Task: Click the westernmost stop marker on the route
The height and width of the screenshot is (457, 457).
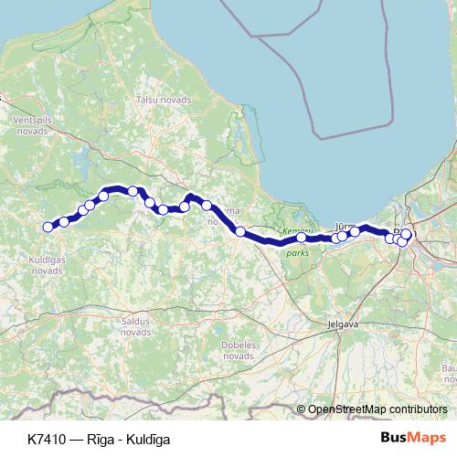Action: (48, 228)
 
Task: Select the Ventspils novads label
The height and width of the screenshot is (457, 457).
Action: (30, 130)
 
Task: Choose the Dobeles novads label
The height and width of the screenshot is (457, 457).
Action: (238, 350)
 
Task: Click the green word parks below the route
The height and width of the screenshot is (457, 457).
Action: (298, 253)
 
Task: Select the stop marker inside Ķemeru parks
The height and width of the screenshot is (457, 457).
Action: (301, 238)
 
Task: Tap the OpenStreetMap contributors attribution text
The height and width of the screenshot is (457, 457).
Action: (377, 409)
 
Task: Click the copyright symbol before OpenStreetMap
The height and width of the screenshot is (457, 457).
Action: (301, 409)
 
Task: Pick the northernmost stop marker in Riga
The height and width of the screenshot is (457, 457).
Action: (407, 234)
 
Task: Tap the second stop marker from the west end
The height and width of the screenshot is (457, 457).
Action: (64, 221)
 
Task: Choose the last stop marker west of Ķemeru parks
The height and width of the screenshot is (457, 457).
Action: (240, 231)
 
